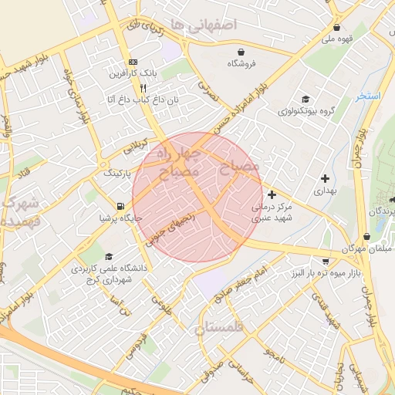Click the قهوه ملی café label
tap(338, 38)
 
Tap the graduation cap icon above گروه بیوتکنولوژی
tap(306, 99)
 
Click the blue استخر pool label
tap(369, 96)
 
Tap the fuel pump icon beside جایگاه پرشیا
tap(120, 205)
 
